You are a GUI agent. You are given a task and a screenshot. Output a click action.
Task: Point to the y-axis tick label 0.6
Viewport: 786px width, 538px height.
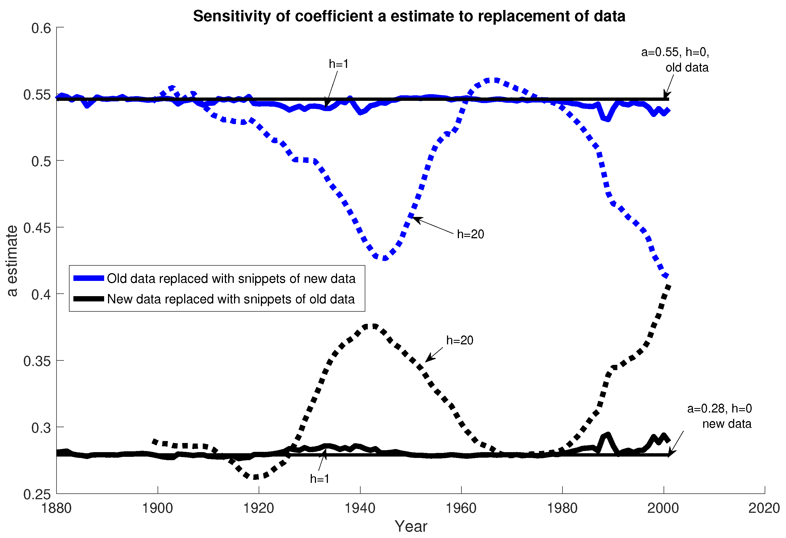41,28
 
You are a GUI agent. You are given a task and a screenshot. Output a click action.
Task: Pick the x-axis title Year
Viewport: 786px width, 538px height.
411,526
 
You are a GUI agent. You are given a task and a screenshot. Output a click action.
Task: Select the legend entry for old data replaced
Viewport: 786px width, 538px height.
231,278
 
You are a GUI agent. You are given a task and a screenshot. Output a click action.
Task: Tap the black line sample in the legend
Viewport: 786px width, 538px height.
89,299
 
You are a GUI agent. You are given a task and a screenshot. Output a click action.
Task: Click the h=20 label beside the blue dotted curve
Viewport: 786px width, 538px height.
471,234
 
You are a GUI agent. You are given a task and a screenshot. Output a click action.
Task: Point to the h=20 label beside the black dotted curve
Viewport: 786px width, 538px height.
460,340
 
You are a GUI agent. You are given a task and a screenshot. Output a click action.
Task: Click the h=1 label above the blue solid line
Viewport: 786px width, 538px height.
338,64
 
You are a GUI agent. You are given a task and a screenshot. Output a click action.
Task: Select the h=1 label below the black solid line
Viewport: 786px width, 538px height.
320,479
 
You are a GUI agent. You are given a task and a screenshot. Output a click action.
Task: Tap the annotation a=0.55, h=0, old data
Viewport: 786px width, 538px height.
676,60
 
